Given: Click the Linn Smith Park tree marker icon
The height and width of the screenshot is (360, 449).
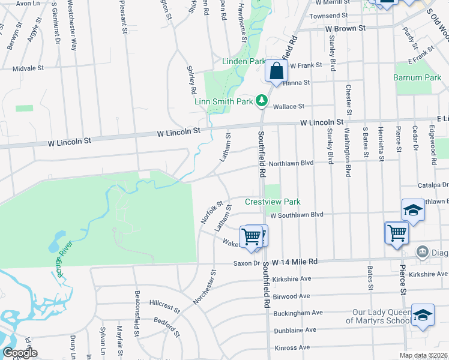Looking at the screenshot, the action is coord(262,101).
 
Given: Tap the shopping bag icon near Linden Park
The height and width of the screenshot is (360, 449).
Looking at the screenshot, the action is coord(276,72).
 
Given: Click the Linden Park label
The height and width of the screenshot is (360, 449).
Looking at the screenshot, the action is coord(244,61).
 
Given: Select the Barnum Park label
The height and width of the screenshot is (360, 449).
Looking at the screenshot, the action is coord(417,77).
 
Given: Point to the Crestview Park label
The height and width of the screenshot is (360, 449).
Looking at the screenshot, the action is coord(273,202).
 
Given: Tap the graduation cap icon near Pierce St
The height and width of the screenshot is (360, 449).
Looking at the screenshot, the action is coord(412,211).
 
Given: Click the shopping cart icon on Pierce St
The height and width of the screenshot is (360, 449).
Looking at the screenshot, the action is coord(397,233).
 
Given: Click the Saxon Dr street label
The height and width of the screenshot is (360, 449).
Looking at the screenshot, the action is coord(247,263).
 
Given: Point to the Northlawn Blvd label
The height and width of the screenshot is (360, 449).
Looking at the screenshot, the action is coord(291,163).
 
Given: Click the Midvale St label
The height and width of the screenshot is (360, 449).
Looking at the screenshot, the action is coord(28,68).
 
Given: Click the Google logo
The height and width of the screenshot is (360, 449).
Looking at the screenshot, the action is coord(20,353).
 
